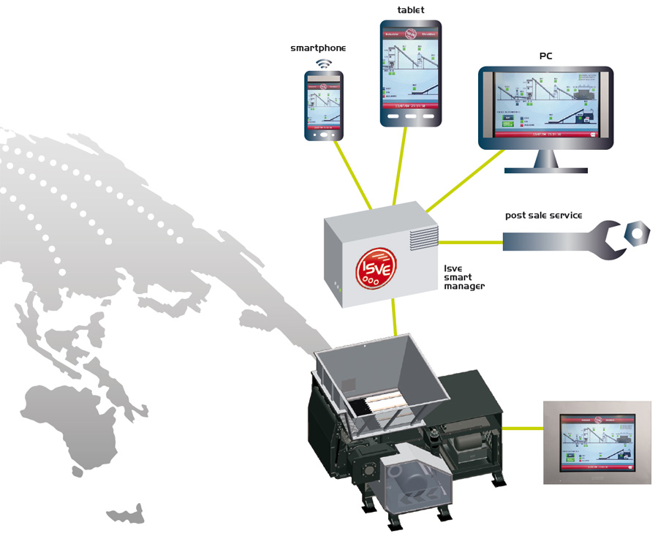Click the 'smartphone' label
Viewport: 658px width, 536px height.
click(318, 48)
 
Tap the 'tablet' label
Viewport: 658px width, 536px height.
click(410, 10)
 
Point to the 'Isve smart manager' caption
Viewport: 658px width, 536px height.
click(464, 277)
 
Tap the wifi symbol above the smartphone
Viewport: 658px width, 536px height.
click(323, 64)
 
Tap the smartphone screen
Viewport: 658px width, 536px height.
click(324, 102)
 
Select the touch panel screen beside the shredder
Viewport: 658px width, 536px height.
click(597, 442)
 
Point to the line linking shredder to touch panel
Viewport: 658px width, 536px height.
click(522, 429)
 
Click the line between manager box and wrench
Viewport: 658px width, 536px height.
click(471, 241)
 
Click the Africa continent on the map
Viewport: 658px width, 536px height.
click(69, 424)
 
